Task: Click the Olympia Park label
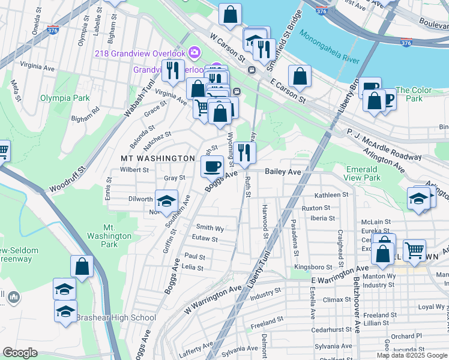(x=64, y=98)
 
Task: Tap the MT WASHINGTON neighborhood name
(x=158, y=158)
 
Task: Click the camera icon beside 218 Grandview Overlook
(x=194, y=53)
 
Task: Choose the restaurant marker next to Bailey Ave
(x=244, y=154)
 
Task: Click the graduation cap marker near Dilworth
(x=167, y=201)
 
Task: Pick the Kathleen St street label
(x=331, y=195)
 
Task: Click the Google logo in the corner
(x=20, y=353)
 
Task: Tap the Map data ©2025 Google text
(x=412, y=355)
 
